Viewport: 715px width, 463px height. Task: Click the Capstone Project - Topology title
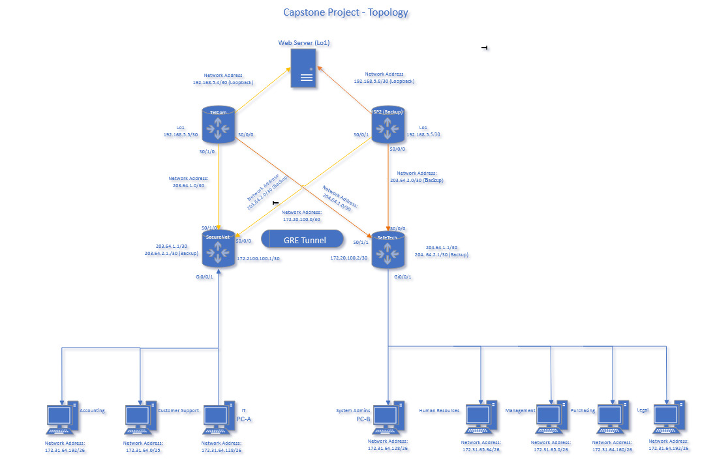(346, 12)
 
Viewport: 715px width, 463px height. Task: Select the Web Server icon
(303, 69)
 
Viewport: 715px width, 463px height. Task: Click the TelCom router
(219, 125)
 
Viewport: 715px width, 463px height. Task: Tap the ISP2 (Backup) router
(388, 125)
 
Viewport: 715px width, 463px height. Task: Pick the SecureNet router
(219, 248)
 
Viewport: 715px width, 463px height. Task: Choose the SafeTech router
(388, 249)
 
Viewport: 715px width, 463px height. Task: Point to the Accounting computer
(63, 419)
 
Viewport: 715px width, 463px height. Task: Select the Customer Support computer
(140, 419)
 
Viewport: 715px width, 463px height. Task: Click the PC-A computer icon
(219, 419)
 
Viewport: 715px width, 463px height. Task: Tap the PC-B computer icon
(388, 419)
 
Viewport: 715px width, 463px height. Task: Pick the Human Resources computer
(481, 419)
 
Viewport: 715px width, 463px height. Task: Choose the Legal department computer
(667, 419)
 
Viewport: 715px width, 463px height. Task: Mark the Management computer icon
(551, 419)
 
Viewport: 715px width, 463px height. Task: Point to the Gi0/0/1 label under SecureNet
(204, 276)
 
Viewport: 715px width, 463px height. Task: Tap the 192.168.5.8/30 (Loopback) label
(384, 82)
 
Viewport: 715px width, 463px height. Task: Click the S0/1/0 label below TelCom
(207, 152)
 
